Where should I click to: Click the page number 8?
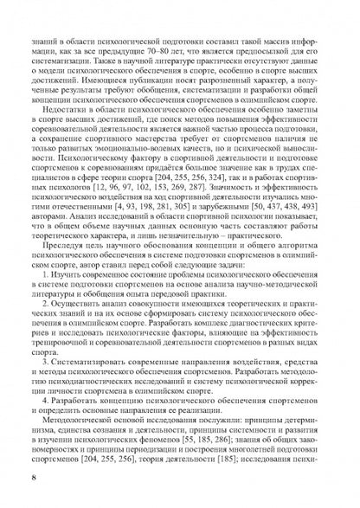[x=33, y=477]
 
